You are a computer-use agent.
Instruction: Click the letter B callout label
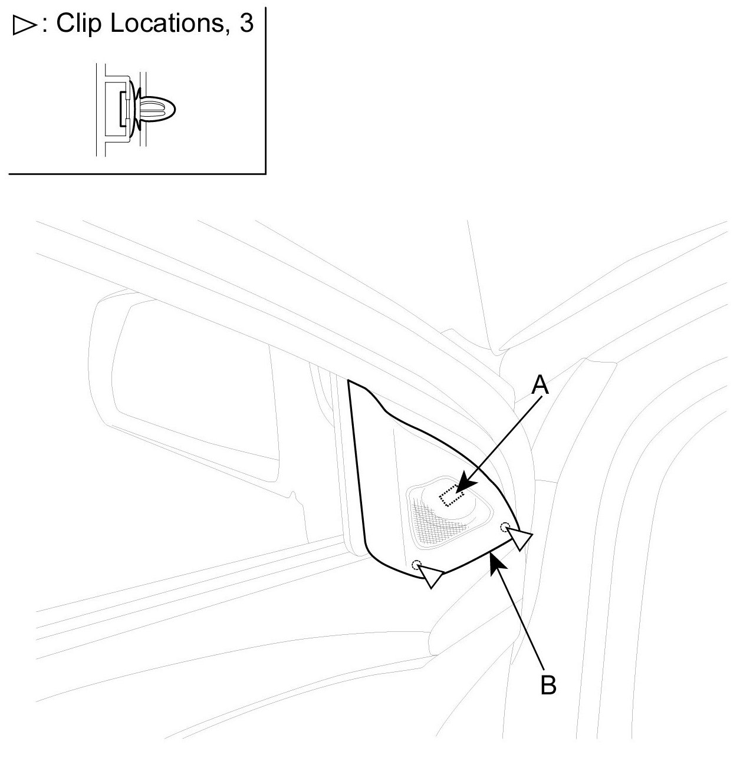pyautogui.click(x=548, y=685)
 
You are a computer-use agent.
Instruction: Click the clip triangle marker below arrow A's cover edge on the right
pyautogui.click(x=519, y=538)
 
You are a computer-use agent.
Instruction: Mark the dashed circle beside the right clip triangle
pyautogui.click(x=504, y=526)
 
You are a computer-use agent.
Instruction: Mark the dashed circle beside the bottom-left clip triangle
pyautogui.click(x=417, y=564)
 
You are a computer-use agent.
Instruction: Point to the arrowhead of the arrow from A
pyautogui.click(x=462, y=487)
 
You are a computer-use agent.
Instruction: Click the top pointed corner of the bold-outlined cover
pyautogui.click(x=349, y=382)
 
